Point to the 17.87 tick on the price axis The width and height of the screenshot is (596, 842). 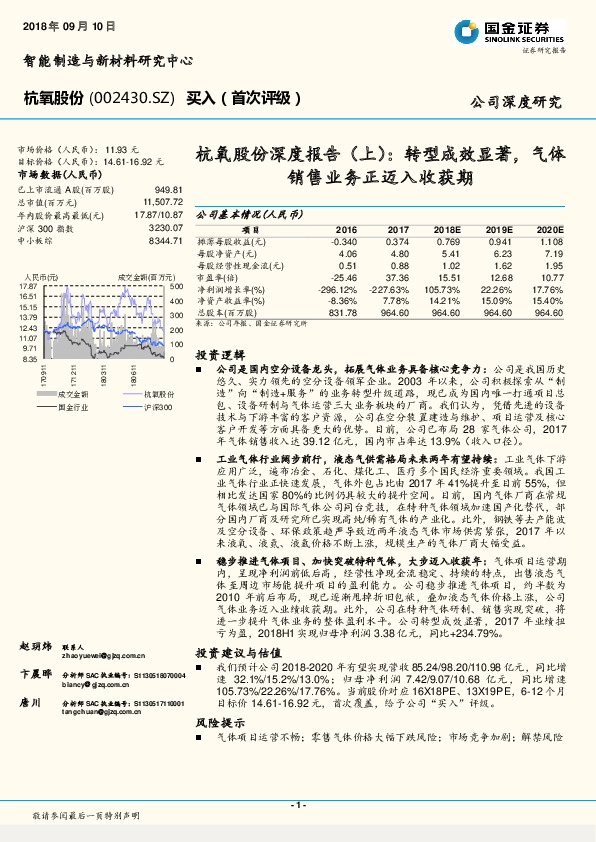(x=27, y=286)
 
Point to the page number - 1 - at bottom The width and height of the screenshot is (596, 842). (x=297, y=804)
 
